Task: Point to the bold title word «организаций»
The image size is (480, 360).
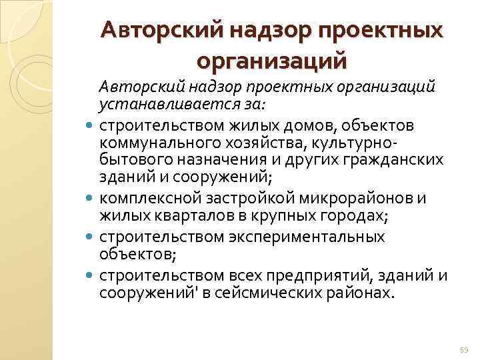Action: coord(272,61)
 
